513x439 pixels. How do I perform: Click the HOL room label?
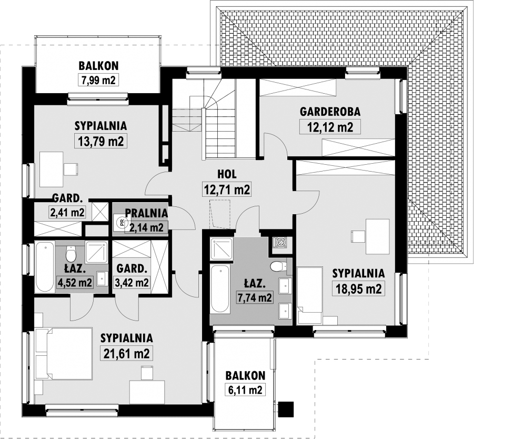(x=227, y=174)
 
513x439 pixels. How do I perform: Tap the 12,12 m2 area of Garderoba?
(x=330, y=127)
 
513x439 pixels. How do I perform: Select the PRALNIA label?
(x=146, y=213)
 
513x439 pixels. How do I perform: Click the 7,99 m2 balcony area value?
(x=98, y=80)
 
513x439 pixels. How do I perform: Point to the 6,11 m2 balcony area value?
(x=245, y=390)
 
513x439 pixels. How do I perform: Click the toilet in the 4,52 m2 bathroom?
(x=71, y=253)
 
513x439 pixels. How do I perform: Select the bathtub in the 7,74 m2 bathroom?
(x=220, y=290)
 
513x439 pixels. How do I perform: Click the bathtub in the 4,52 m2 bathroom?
(x=45, y=267)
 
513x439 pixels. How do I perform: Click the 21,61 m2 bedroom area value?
(x=127, y=354)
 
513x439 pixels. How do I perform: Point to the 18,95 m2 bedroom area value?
(x=358, y=289)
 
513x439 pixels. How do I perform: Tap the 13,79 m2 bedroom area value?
(x=101, y=141)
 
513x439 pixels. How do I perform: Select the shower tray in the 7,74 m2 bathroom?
(x=222, y=250)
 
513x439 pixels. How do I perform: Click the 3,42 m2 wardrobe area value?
(x=132, y=282)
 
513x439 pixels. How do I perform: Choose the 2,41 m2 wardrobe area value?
(x=67, y=212)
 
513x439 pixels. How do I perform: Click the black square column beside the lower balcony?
(x=286, y=409)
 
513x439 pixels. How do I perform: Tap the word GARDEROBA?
(x=330, y=111)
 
